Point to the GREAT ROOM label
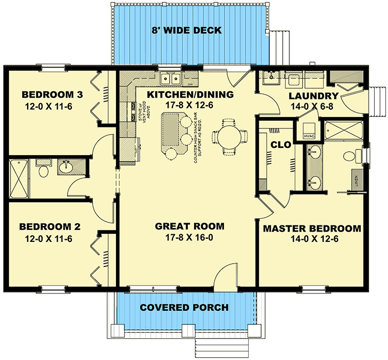point(190,226)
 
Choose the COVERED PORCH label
point(184,307)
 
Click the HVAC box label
point(308,134)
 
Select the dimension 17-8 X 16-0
point(190,238)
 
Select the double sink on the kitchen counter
point(167,78)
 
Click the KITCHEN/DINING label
point(190,95)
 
